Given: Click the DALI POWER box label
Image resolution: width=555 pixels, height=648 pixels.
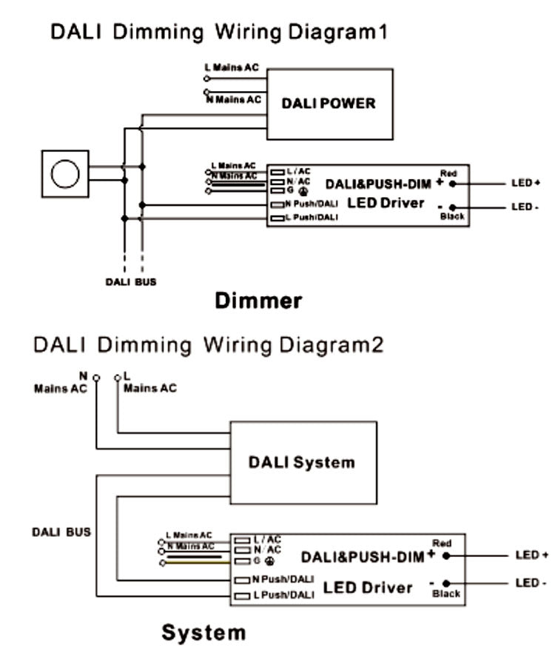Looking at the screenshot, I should [x=329, y=103].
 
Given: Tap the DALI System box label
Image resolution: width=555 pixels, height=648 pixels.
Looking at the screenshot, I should [x=301, y=463].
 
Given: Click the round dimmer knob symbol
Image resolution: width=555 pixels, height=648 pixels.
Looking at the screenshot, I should [x=65, y=174].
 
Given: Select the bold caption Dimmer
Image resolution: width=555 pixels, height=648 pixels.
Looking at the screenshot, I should [x=258, y=301].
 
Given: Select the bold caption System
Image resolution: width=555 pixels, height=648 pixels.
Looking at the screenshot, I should [x=203, y=632].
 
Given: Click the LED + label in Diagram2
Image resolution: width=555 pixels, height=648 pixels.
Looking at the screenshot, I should [x=531, y=555].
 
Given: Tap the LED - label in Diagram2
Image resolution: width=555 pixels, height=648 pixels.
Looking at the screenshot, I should [x=531, y=583].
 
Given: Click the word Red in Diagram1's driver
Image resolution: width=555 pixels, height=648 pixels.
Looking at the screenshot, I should [x=449, y=172].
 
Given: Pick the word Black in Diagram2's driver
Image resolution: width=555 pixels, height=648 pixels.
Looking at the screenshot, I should [x=447, y=593].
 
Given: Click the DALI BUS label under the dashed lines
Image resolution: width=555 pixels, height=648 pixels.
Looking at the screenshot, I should [x=129, y=282].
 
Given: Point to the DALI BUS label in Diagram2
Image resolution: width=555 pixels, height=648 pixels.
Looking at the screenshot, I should [x=61, y=532].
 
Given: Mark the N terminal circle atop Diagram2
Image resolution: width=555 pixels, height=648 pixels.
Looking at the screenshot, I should [x=96, y=378].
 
